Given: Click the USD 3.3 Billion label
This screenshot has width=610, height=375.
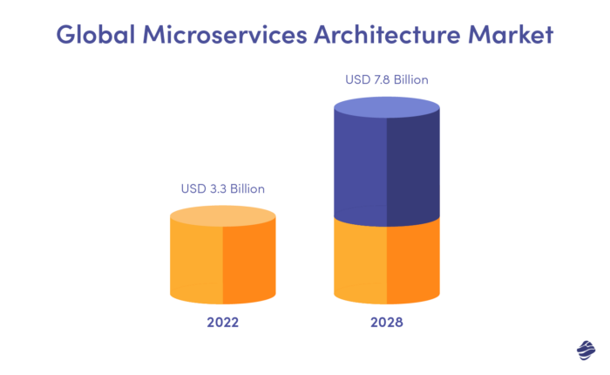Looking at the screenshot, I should [222, 188].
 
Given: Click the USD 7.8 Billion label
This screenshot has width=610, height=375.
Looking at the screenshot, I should [387, 80].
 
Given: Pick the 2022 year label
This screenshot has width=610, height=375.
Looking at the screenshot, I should [222, 322].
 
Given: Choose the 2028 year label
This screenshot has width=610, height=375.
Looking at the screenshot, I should [387, 322].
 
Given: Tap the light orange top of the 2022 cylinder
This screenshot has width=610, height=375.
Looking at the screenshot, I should [222, 215].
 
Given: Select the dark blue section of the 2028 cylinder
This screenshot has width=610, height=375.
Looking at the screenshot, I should [387, 170].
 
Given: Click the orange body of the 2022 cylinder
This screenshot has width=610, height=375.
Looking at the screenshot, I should [222, 262].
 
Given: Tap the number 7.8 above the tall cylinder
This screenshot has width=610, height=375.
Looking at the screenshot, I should [383, 80].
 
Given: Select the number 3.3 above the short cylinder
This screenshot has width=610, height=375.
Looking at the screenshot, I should [218, 188].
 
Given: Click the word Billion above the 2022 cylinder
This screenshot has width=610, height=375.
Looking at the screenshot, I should [247, 188].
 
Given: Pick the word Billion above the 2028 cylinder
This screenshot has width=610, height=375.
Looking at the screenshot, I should [411, 80].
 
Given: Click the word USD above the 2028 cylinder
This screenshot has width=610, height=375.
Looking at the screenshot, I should [358, 80].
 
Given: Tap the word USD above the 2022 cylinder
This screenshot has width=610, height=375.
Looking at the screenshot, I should [193, 188].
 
